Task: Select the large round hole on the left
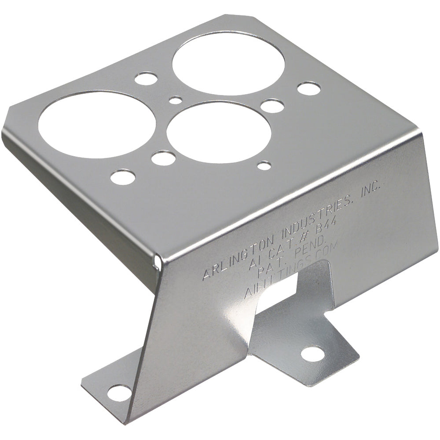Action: pyautogui.click(x=97, y=125)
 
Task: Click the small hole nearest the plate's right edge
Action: pyautogui.click(x=308, y=88)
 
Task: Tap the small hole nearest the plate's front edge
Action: pyautogui.click(x=123, y=177)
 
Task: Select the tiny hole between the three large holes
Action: pyautogui.click(x=176, y=100)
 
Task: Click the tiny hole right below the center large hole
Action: pyautogui.click(x=264, y=166)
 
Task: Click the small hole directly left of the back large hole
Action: pyautogui.click(x=146, y=79)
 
